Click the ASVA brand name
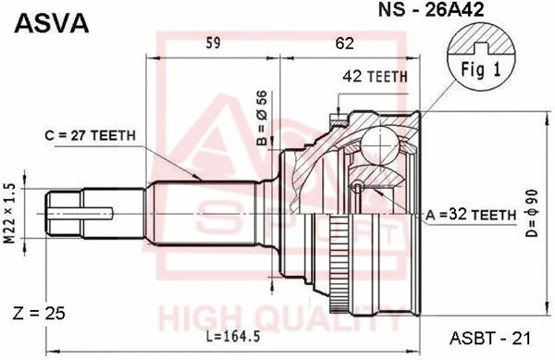[51, 23]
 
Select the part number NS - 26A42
[431, 9]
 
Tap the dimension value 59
[213, 43]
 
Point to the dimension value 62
[344, 43]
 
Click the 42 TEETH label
[376, 77]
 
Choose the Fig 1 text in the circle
[481, 69]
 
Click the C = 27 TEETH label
[91, 135]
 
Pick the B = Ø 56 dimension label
[262, 118]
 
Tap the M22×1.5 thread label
[9, 213]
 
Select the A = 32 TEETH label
[471, 215]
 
